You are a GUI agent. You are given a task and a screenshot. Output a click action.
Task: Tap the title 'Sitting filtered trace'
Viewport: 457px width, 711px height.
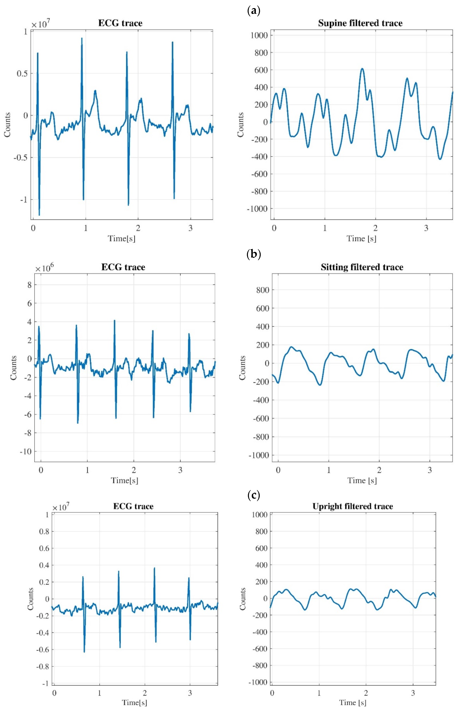tap(362, 267)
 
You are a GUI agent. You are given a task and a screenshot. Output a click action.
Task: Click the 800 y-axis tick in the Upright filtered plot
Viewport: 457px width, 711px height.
tap(261, 531)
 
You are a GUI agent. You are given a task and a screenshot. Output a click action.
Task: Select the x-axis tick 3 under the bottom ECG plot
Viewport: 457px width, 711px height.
tap(190, 693)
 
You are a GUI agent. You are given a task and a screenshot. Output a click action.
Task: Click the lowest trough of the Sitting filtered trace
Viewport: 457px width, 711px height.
tap(320, 385)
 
